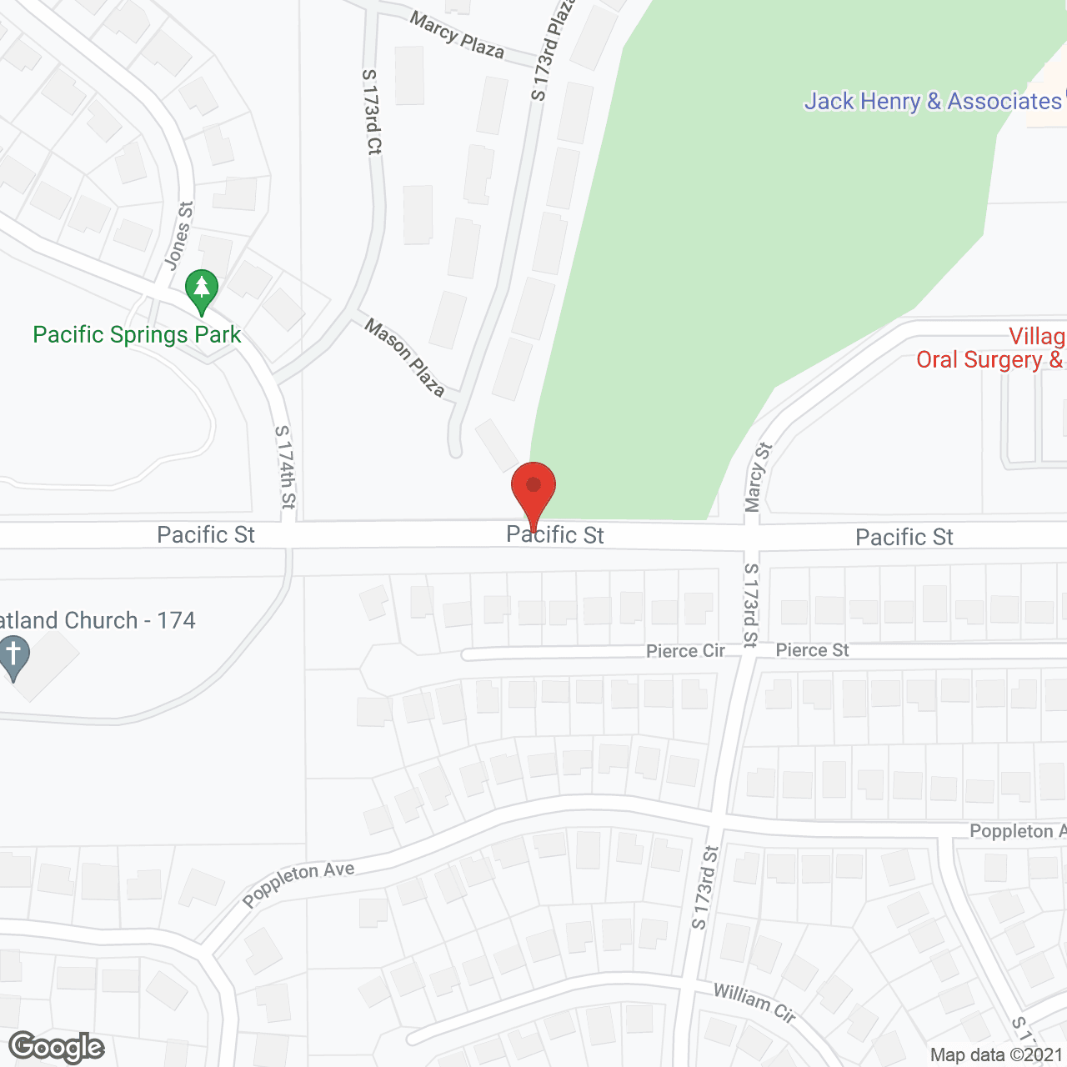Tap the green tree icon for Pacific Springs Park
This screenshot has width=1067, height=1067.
pos(201,290)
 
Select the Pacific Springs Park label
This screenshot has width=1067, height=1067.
pos(137,335)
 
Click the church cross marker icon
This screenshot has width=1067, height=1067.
pos(13,657)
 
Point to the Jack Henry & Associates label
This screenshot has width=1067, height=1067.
pos(932,102)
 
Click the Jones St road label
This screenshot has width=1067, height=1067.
pos(178,235)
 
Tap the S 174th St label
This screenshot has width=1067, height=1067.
pos(285,467)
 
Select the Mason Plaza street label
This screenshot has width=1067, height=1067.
pos(405,358)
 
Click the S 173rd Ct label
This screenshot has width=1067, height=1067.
pos(372,112)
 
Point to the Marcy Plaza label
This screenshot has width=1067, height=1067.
pos(457,36)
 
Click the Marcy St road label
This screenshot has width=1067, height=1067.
pos(758,477)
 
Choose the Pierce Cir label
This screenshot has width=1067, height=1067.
pos(685,651)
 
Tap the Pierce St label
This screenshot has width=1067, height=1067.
pos(812,650)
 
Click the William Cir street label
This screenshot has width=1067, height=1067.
pos(754,1002)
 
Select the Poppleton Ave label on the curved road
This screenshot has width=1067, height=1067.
pos(298,884)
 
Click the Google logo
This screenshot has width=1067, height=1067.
pos(57,1047)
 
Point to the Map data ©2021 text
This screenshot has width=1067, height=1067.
pos(996,1055)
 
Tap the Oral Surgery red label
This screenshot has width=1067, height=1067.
pos(989,360)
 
